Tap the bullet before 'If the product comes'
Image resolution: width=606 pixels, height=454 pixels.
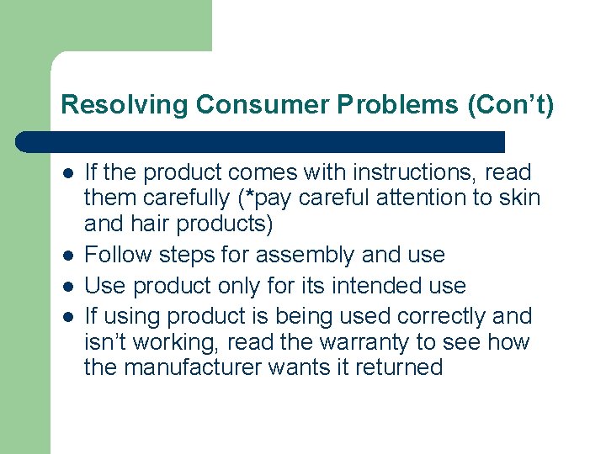tap(67, 173)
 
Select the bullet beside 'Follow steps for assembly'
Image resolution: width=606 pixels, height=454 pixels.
tap(67, 255)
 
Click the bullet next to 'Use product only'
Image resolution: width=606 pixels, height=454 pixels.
tap(67, 286)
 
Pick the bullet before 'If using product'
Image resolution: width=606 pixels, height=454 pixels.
tap(67, 317)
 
